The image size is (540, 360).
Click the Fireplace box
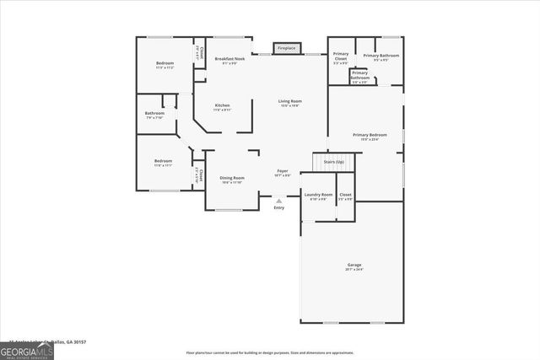point(286,48)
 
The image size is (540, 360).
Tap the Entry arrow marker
point(278,201)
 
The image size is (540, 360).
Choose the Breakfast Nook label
point(229,59)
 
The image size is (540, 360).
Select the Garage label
point(354,265)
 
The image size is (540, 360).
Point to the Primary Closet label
point(340,57)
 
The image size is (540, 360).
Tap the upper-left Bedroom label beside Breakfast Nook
point(164,64)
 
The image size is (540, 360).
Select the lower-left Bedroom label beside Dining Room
point(163,161)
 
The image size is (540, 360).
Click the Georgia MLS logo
point(27,350)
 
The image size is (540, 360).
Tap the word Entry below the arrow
point(278,207)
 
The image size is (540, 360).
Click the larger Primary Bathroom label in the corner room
point(381,56)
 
